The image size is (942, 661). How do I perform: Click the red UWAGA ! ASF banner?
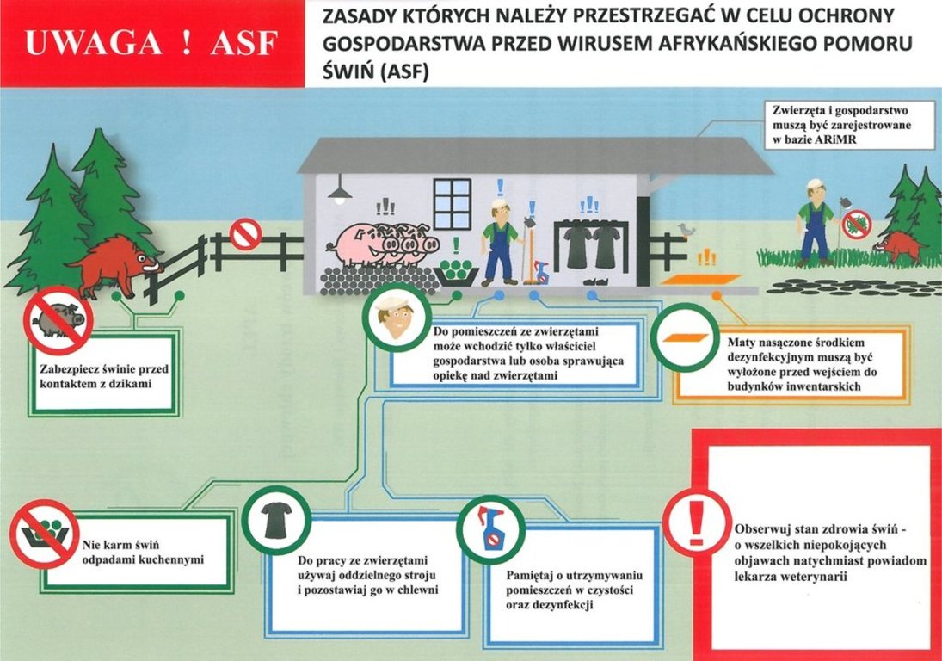point(152,44)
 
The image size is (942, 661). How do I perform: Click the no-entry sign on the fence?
point(246,234)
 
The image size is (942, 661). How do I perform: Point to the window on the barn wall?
point(453,195)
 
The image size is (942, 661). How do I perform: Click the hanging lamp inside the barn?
point(340,188)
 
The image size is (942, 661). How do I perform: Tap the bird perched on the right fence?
point(686,230)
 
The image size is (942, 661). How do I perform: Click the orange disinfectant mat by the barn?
point(700,280)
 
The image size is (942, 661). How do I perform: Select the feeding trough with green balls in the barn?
point(456,272)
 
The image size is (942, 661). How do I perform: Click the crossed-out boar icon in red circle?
point(58,320)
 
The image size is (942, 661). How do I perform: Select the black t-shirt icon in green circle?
point(276,521)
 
